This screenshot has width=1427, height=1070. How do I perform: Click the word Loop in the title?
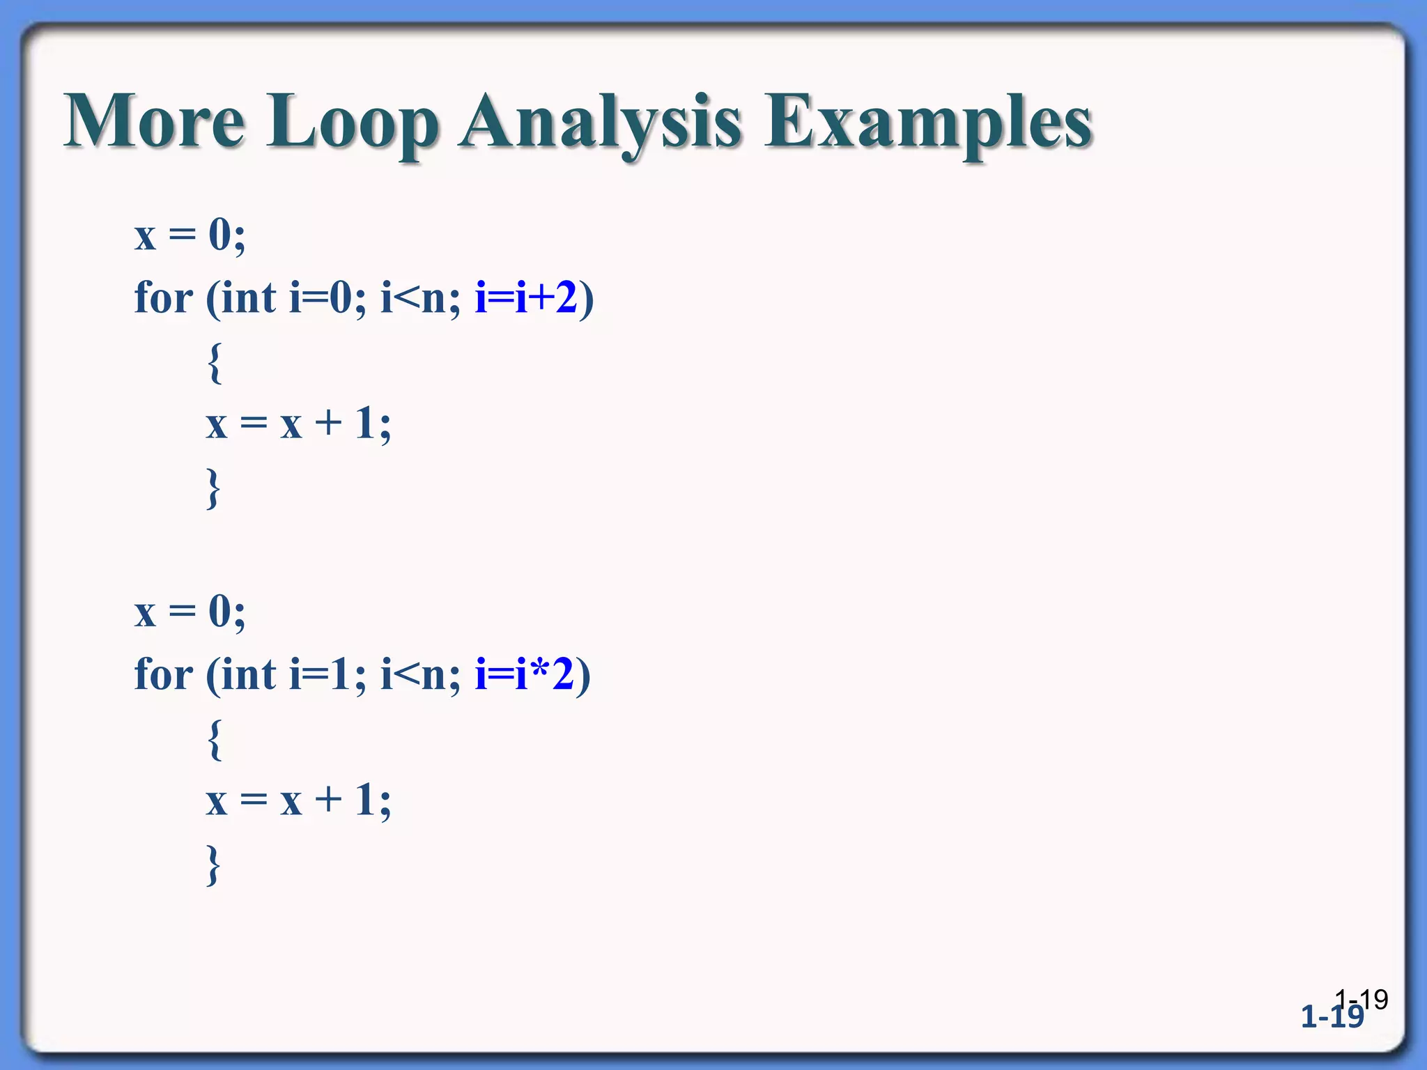[353, 123]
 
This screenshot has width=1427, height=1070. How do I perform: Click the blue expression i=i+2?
[526, 298]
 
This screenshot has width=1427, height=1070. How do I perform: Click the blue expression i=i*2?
[524, 674]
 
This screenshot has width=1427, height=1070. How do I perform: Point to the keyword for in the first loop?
[163, 298]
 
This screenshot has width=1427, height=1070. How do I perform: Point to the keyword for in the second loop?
[163, 674]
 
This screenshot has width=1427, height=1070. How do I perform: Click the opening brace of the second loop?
[215, 739]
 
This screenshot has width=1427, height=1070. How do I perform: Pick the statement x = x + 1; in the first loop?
[298, 424]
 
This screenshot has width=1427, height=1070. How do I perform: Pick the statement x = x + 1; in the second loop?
[298, 800]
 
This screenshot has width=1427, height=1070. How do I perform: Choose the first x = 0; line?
[190, 235]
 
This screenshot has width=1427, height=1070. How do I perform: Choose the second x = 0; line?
[190, 612]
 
